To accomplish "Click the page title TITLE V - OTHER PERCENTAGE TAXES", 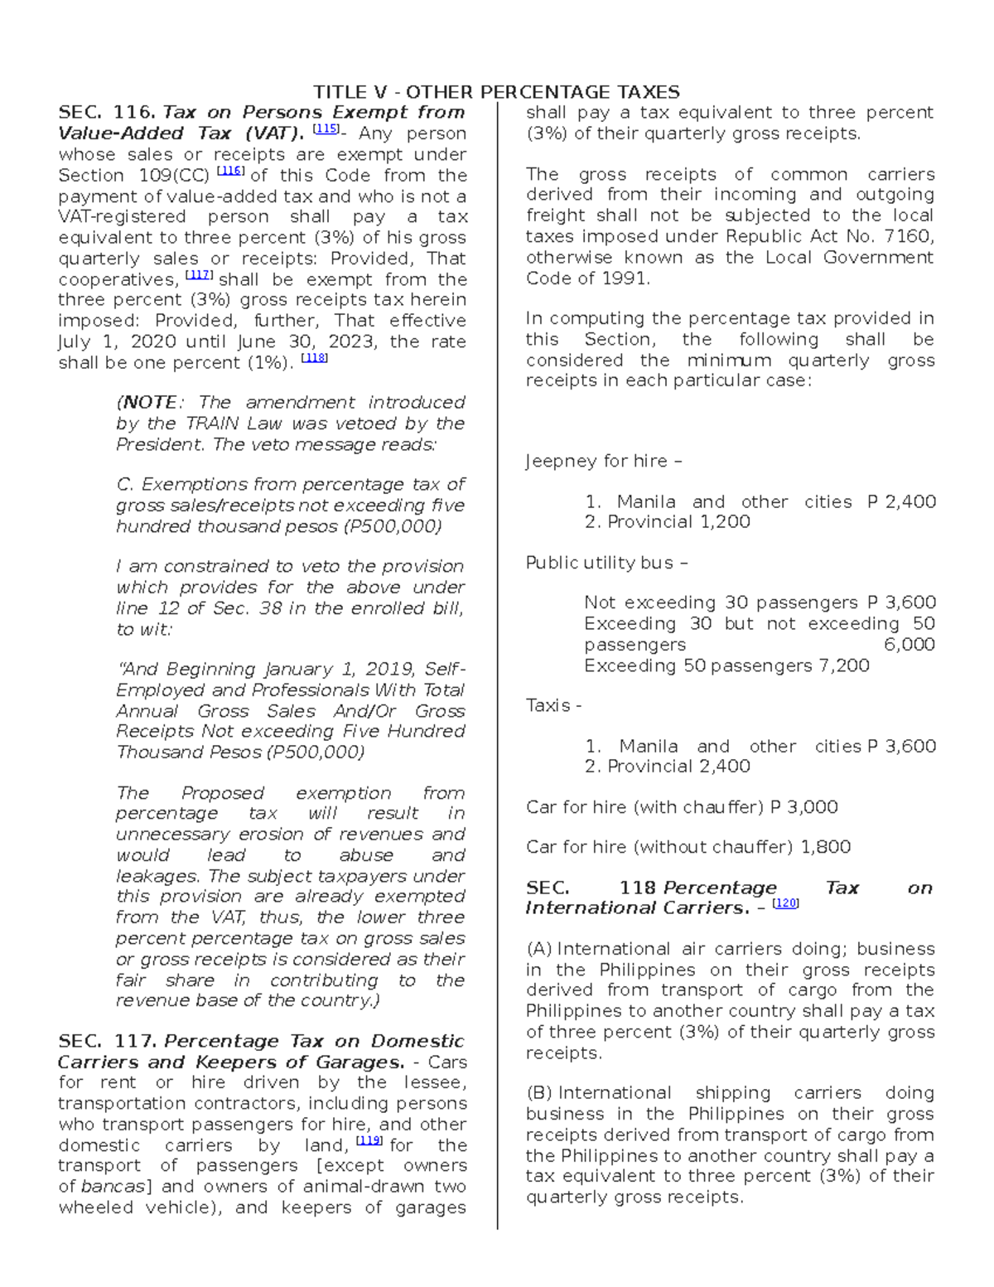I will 496,92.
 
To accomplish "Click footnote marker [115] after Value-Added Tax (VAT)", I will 326,129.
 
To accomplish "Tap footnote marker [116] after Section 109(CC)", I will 229,172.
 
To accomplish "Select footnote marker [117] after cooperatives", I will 199,275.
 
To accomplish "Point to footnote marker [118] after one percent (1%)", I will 315,359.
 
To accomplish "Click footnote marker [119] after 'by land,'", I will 368,1141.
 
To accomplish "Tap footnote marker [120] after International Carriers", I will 785,904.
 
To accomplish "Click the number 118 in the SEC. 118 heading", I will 638,888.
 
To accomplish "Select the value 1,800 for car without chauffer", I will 825,847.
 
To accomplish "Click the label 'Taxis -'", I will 553,706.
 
